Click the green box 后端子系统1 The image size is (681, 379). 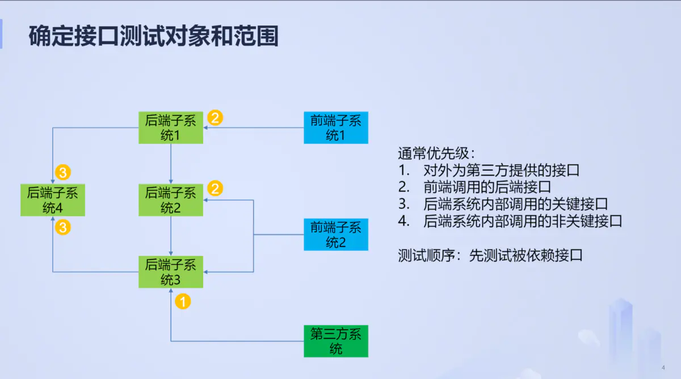[x=171, y=127]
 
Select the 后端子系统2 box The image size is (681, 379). [x=171, y=200]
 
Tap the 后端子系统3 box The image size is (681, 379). [x=171, y=272]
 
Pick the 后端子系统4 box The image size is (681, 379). [x=52, y=200]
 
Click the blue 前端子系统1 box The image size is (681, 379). [x=336, y=127]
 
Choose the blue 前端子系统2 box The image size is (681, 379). [x=336, y=235]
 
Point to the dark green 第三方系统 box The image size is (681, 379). [x=336, y=341]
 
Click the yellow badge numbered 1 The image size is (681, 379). [x=183, y=301]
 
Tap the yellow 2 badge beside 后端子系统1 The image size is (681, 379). [x=215, y=118]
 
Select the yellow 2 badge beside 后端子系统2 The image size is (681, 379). [x=215, y=188]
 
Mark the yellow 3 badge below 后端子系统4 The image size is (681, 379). [x=63, y=228]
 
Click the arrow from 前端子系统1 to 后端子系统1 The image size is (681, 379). [x=253, y=128]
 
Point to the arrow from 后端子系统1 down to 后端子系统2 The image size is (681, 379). [x=171, y=164]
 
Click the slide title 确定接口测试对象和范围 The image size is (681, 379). [x=154, y=36]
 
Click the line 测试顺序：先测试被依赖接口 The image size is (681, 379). [x=490, y=255]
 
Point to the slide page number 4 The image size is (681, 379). [x=663, y=367]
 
